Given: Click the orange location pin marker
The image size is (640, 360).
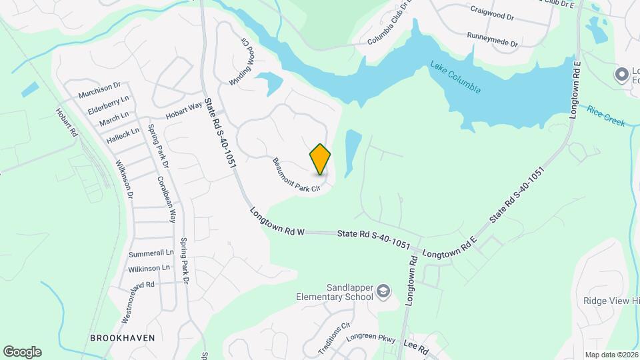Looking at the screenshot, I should (320, 159).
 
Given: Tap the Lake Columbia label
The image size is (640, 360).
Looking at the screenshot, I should (455, 77).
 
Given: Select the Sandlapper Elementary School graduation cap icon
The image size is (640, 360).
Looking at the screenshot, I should (383, 291).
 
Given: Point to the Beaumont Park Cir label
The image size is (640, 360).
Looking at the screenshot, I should (297, 175).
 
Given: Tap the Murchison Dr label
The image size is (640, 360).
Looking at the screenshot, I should (99, 89).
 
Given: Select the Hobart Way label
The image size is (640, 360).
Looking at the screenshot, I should (183, 111).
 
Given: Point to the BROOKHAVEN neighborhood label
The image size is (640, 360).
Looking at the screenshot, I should (122, 338).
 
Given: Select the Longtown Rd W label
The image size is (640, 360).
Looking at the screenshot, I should (277, 222).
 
